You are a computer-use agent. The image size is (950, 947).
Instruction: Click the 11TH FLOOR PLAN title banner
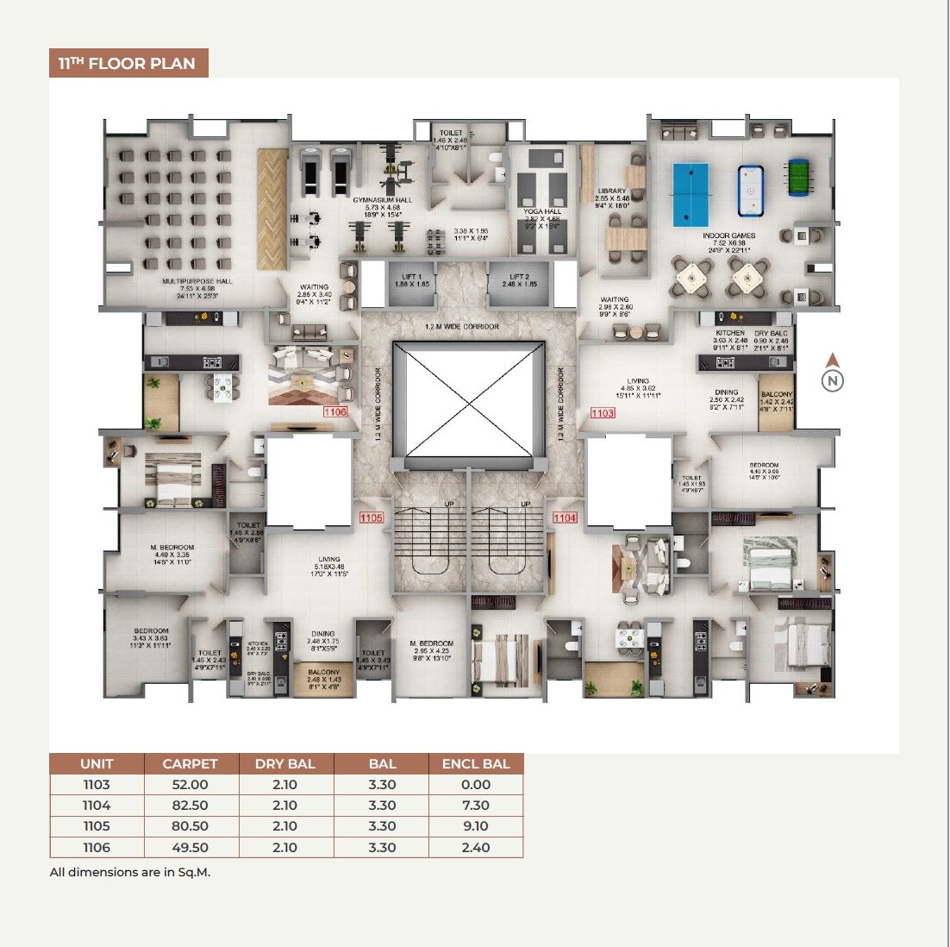(x=128, y=63)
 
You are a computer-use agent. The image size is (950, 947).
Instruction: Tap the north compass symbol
(x=832, y=380)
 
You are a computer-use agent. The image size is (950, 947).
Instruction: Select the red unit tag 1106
(x=335, y=412)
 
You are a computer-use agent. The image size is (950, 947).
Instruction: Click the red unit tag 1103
(x=603, y=413)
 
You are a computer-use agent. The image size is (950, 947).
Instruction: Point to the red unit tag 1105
(x=371, y=517)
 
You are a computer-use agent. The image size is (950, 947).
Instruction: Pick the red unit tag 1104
(x=565, y=517)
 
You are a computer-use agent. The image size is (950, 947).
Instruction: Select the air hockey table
(x=751, y=191)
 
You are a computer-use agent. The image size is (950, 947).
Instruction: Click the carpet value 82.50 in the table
(x=190, y=806)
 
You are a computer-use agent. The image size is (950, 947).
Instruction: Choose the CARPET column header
(x=190, y=763)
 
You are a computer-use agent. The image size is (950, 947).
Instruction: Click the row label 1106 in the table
(x=97, y=847)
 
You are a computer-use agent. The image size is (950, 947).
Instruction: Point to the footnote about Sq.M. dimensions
(x=130, y=872)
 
